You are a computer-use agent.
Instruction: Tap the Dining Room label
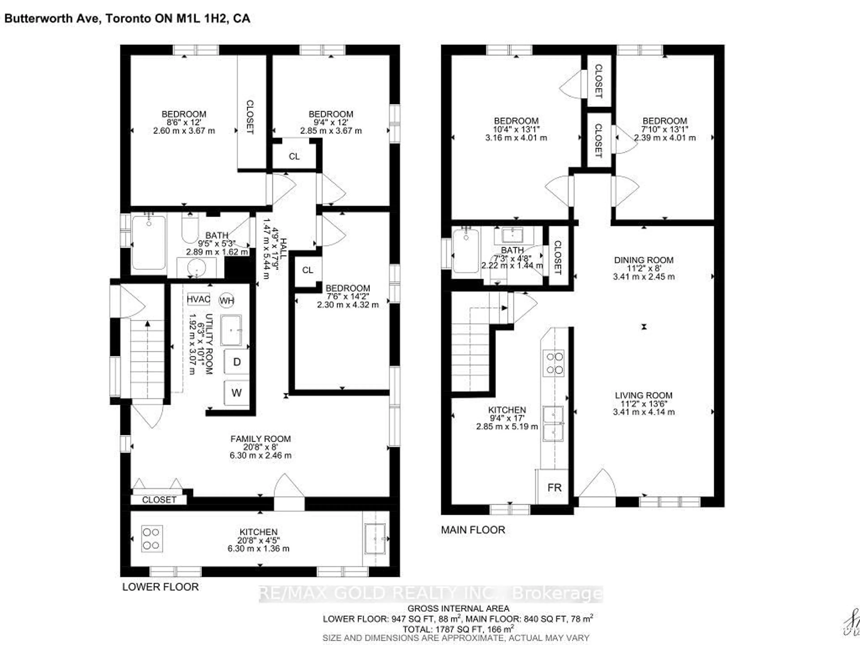[x=644, y=260]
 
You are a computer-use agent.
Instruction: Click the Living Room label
[x=643, y=395]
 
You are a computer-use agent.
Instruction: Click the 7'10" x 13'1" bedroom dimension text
[x=665, y=129]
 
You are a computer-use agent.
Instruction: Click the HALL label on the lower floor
[x=283, y=249]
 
